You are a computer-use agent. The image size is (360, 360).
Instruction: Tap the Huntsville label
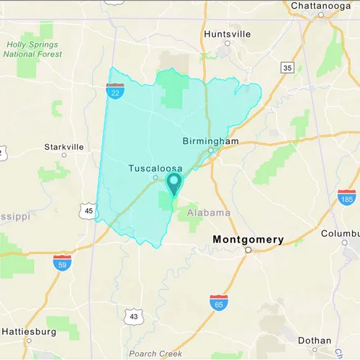[228, 34]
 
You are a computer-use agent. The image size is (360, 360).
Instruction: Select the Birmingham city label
[210, 141]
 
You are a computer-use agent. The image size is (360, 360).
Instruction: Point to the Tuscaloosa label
[155, 168]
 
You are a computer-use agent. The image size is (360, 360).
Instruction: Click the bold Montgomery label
[248, 239]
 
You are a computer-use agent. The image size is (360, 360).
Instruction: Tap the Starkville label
[64, 146]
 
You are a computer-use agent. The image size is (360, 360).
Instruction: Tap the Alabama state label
[208, 213]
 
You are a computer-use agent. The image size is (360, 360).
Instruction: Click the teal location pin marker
[174, 182]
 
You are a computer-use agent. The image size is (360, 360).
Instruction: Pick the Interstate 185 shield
[346, 197]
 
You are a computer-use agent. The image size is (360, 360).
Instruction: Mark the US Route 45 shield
[89, 211]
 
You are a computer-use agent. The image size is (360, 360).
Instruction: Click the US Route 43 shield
[134, 316]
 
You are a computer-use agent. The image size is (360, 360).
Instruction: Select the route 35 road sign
[287, 68]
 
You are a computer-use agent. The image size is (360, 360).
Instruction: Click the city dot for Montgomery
[248, 251]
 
